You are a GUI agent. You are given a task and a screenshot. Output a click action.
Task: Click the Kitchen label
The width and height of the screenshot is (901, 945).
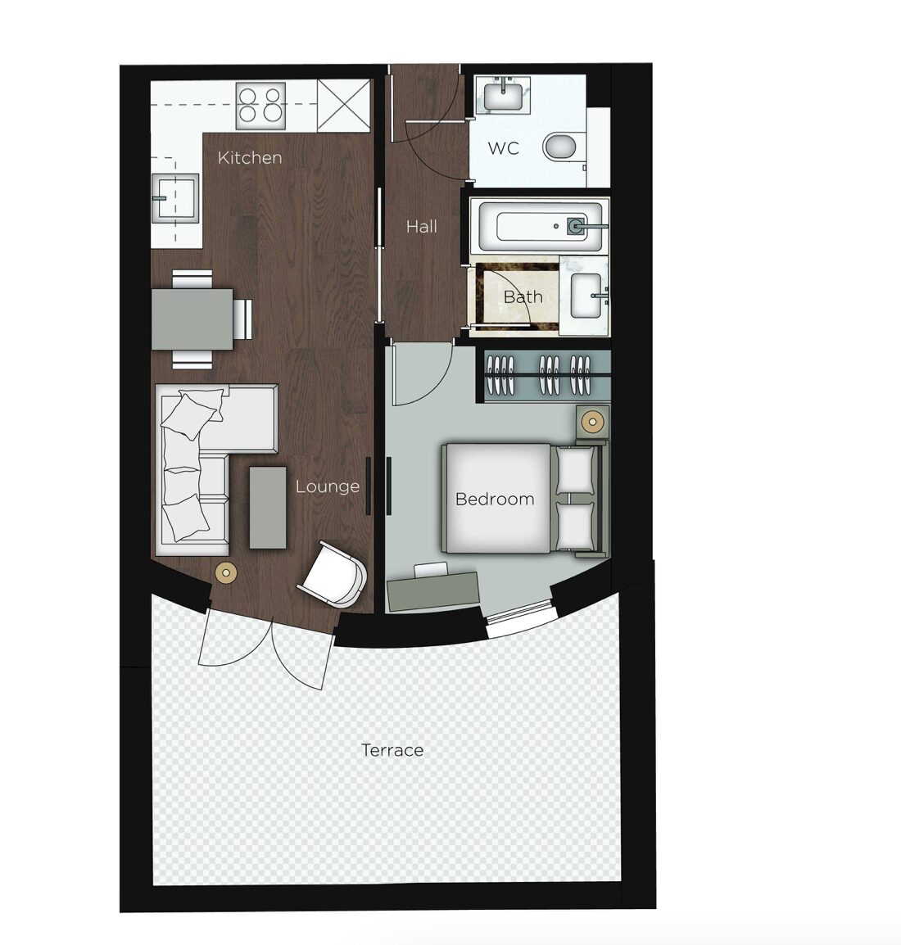point(250,158)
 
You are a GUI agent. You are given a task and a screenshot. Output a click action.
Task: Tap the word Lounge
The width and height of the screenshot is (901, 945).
point(328,486)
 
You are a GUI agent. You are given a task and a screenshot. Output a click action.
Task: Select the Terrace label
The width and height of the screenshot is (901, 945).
point(392,750)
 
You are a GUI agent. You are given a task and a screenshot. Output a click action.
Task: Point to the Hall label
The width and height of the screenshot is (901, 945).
point(421,227)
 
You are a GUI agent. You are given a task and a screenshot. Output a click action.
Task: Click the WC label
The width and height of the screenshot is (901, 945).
point(503,148)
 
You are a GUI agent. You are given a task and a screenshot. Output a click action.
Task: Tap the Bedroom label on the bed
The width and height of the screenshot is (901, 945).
point(495,499)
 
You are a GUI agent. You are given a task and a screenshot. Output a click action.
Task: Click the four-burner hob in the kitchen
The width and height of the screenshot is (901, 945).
point(261,106)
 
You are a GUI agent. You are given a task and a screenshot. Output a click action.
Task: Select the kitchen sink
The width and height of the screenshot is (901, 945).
point(174,197)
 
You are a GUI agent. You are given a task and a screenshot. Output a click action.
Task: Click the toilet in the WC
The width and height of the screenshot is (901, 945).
point(560,147)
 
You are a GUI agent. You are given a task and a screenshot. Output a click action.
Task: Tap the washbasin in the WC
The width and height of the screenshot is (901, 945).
point(503,95)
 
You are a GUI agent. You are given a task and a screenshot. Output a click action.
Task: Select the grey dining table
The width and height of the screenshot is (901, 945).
point(192,319)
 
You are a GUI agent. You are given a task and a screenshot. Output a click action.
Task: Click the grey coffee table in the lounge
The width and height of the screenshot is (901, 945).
point(268,508)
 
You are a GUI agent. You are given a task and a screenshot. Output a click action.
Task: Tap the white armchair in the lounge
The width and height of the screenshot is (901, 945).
point(334,573)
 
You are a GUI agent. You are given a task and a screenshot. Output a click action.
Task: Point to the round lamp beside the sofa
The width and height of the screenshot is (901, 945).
point(226,572)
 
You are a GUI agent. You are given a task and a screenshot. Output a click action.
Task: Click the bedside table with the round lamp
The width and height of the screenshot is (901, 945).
point(592,422)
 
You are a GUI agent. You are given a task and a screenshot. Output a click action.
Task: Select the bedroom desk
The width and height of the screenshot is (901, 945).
point(432,590)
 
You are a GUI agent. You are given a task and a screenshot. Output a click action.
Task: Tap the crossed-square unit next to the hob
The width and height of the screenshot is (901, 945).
point(343,106)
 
